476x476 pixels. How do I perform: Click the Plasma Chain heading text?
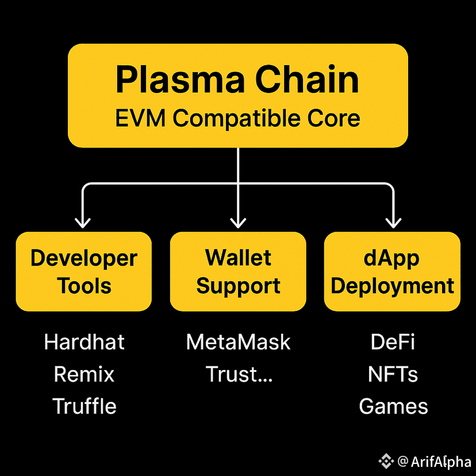coord(237,79)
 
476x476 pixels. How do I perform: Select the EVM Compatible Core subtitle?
coord(237,118)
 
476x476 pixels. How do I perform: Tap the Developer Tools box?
coord(84,271)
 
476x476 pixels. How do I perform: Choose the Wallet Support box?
coord(238,271)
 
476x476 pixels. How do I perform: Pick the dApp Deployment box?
coord(392,271)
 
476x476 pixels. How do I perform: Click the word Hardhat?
coord(84,342)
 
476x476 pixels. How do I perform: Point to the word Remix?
coord(84,374)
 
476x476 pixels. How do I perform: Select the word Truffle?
coord(84,406)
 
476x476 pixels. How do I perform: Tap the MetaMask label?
coord(239,342)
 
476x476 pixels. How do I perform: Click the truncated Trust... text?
coord(239,374)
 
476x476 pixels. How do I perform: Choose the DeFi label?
coord(393,342)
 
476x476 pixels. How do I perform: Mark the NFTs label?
coord(393,374)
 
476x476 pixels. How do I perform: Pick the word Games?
coord(393,406)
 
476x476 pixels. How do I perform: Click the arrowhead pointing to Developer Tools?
coord(83,223)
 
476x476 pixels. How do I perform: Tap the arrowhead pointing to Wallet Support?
coord(238,223)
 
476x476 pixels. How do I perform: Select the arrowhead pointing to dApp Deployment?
coord(393,223)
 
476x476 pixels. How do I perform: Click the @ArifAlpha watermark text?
coord(434,462)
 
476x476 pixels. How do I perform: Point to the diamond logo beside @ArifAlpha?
coord(386,461)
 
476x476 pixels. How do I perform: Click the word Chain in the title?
coord(307,79)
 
